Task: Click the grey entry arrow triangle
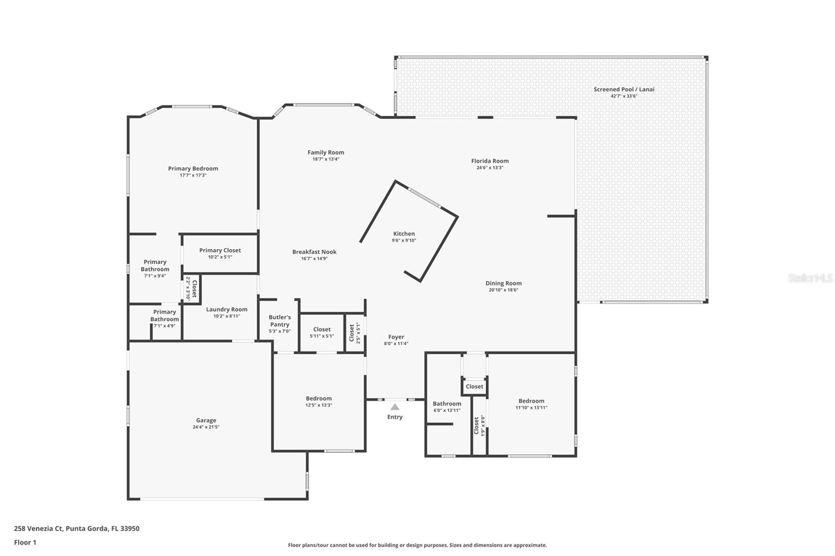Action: [x=395, y=407]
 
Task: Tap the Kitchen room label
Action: [x=404, y=234]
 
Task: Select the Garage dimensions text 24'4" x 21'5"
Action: [x=206, y=427]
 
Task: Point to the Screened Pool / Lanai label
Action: [x=624, y=89]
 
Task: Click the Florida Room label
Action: [x=490, y=161]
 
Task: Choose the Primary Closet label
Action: [x=220, y=250]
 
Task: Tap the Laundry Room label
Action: [x=226, y=309]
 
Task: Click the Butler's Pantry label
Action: [x=280, y=321]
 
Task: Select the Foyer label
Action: [x=396, y=337]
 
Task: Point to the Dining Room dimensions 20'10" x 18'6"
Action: [x=503, y=290]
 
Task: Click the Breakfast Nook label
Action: [x=314, y=252]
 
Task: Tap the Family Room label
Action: [x=326, y=152]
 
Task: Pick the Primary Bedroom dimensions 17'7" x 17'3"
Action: [x=193, y=175]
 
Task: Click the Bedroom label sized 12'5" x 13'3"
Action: [x=319, y=398]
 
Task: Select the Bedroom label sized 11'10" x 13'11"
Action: [x=531, y=401]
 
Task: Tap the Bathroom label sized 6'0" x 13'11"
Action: [x=447, y=404]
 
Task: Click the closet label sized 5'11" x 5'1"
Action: [x=321, y=330]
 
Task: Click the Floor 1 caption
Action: [x=26, y=542]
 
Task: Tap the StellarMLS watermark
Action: [x=810, y=278]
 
